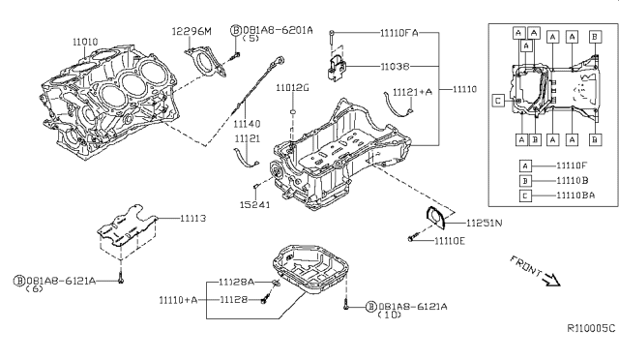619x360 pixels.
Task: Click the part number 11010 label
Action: pos(85,43)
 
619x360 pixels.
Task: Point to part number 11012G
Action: pos(291,88)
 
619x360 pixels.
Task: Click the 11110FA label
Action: pos(372,32)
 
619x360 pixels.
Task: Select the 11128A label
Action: pos(235,282)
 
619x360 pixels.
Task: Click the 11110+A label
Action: pos(178,300)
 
